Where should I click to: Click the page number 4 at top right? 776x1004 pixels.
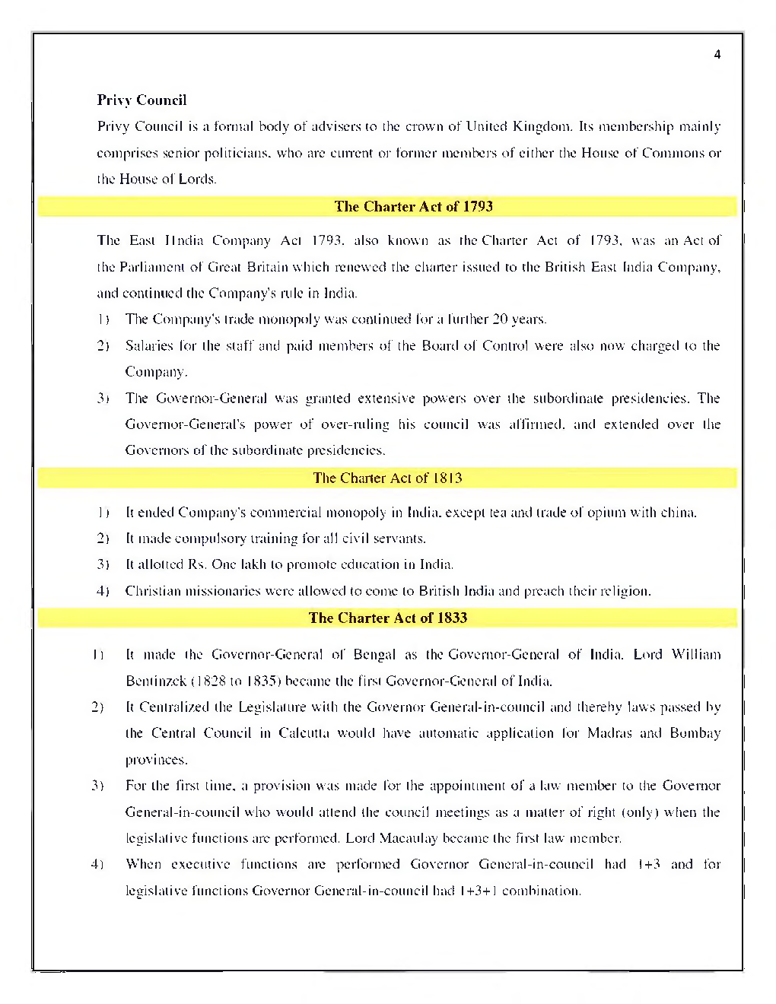coord(717,55)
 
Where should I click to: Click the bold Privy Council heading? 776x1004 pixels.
coord(142,100)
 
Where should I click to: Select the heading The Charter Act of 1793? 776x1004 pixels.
coord(413,206)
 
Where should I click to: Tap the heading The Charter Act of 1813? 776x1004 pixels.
coord(387,478)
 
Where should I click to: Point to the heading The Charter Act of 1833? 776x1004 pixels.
coord(387,618)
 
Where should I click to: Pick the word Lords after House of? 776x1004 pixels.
coord(197,180)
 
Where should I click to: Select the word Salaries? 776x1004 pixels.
coord(150,346)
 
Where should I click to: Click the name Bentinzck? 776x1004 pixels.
coord(156,681)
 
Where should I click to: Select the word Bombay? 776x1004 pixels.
coord(695,733)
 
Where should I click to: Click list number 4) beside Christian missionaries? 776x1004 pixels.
coord(103,591)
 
